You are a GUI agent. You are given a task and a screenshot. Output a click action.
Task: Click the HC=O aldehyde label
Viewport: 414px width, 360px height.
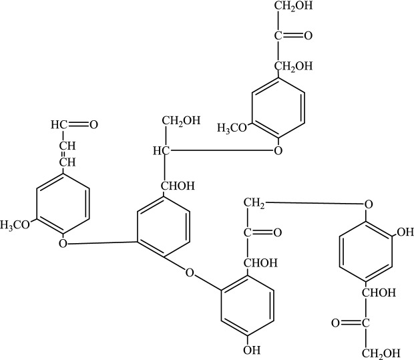(73, 124)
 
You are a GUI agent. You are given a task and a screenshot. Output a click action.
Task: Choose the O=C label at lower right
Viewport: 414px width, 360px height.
(347, 323)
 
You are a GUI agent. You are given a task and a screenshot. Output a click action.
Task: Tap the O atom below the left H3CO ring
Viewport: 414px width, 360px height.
(63, 244)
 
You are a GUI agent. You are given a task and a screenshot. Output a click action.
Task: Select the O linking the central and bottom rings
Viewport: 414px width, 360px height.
(190, 273)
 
